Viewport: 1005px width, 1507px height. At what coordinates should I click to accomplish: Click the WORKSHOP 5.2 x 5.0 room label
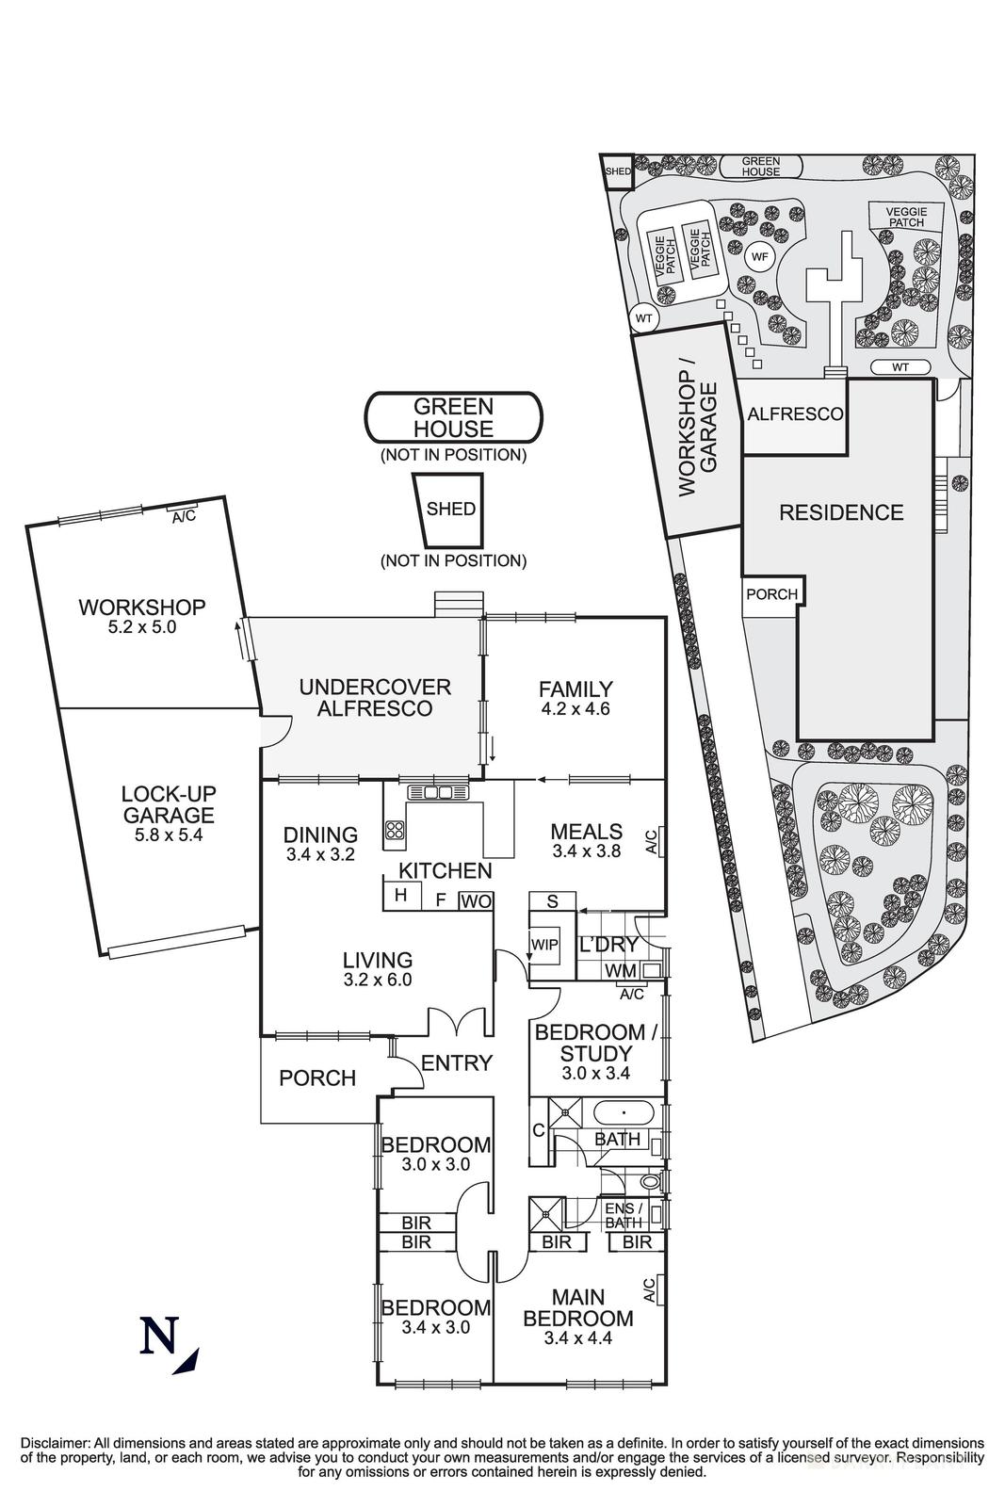click(x=142, y=616)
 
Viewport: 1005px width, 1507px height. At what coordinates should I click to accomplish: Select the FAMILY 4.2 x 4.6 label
click(x=575, y=698)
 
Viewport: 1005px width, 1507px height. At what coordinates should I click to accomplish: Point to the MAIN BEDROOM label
click(x=578, y=1317)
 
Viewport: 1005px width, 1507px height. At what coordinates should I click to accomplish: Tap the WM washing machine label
click(x=622, y=970)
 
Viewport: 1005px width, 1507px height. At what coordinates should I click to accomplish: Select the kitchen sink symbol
click(x=430, y=793)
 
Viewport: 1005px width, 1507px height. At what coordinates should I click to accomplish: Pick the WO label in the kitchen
click(x=476, y=901)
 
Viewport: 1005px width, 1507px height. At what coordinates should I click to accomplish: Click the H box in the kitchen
click(x=401, y=895)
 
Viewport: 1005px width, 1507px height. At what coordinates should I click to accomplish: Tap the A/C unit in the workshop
click(x=183, y=517)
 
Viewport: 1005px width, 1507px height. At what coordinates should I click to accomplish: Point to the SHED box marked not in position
click(x=451, y=510)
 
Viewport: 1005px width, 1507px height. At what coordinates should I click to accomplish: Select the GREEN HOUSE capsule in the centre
click(x=454, y=418)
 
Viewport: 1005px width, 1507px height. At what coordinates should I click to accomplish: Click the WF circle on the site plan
click(x=759, y=255)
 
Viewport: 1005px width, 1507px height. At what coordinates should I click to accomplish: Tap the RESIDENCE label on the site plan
click(x=840, y=512)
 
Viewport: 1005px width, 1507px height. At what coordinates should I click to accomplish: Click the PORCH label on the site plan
click(x=771, y=594)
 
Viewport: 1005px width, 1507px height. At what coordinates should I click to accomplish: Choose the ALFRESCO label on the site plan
click(x=794, y=414)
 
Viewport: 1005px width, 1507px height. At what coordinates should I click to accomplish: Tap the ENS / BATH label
click(x=623, y=1215)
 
